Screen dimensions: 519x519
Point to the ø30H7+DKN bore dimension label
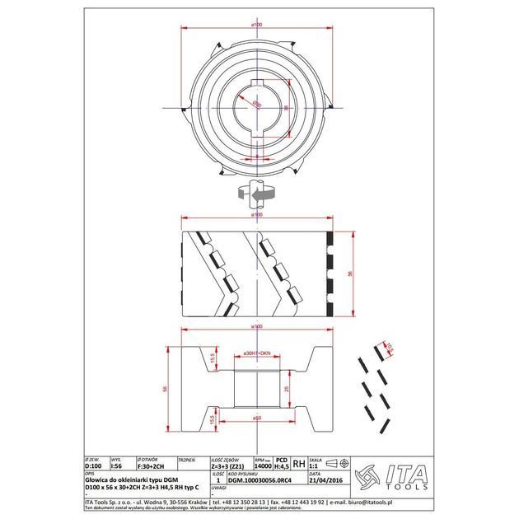pyautogui.click(x=258, y=353)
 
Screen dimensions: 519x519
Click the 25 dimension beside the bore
pyautogui.click(x=286, y=388)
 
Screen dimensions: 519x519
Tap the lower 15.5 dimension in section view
pyautogui.click(x=189, y=419)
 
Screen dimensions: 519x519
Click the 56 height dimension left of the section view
pyautogui.click(x=164, y=388)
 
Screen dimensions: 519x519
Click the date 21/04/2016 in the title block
pyautogui.click(x=322, y=480)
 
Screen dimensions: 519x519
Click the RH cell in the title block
pyautogui.click(x=299, y=464)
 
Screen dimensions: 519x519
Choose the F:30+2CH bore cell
pyautogui.click(x=152, y=465)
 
